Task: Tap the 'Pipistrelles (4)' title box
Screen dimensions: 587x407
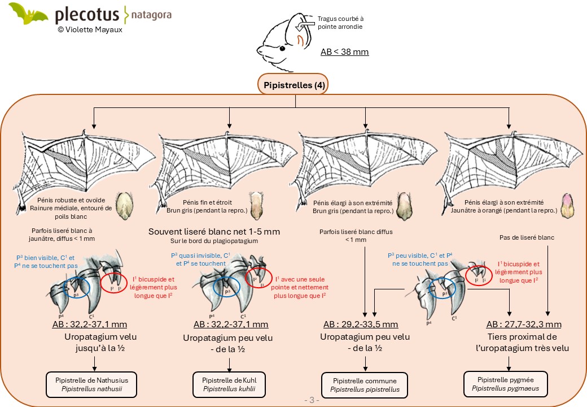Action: [x=293, y=85]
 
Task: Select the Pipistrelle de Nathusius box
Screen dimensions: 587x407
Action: [x=91, y=384]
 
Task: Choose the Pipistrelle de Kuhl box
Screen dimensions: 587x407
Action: [x=229, y=384]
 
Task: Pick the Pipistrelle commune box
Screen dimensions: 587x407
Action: [x=365, y=386]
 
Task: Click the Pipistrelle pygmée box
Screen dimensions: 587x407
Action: [x=505, y=384]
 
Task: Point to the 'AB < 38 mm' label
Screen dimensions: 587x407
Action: [x=344, y=51]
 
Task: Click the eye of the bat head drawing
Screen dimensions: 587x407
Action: [x=282, y=48]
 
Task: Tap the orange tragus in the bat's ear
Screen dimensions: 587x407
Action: [x=300, y=41]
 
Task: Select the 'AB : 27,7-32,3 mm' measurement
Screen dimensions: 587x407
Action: [x=524, y=324]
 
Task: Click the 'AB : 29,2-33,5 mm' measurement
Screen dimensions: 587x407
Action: [x=361, y=324]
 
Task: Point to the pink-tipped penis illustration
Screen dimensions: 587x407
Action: [x=568, y=206]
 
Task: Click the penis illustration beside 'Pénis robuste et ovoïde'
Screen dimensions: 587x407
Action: [x=124, y=206]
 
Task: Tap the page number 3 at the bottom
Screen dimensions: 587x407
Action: [x=312, y=400]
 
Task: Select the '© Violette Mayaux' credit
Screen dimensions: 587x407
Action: [x=90, y=29]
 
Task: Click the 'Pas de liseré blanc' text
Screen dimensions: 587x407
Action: [x=527, y=237]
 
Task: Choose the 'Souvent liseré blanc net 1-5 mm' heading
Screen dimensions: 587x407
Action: [x=214, y=232]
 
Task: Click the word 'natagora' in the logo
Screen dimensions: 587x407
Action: [x=151, y=15]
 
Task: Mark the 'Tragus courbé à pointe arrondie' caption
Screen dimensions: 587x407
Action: [x=340, y=23]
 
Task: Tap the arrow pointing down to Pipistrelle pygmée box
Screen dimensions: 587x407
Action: [x=509, y=364]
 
